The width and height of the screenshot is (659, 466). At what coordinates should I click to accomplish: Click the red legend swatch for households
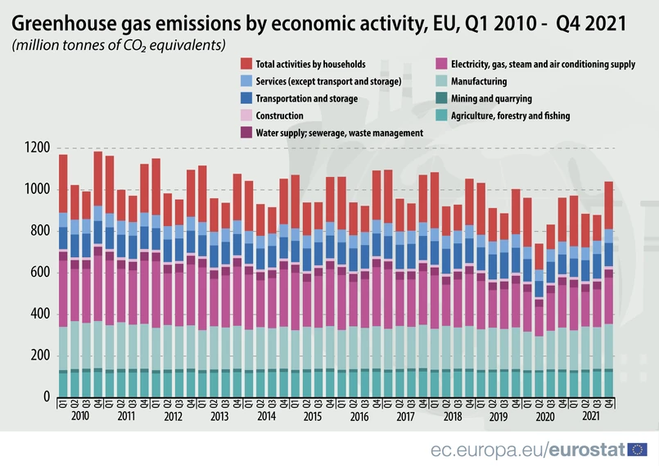pyautogui.click(x=246, y=64)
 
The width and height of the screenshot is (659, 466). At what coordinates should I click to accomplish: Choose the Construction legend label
pyautogui.click(x=279, y=115)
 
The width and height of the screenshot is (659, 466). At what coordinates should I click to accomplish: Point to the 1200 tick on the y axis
pyautogui.click(x=38, y=148)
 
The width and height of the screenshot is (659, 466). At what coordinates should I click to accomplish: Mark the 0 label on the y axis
pyautogui.click(x=46, y=397)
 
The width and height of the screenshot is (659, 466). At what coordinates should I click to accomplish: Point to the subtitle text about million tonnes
pyautogui.click(x=119, y=44)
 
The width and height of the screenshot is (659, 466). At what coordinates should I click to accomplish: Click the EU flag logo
pyautogui.click(x=637, y=449)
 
